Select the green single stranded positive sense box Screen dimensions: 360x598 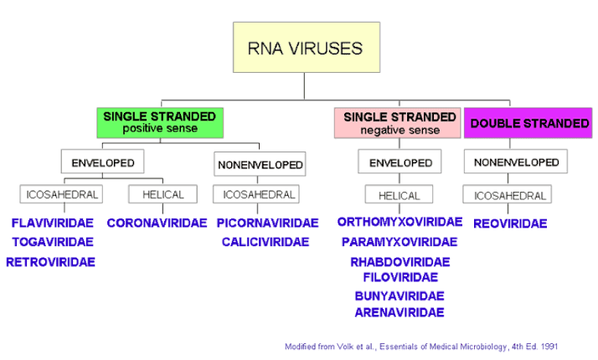point(160,121)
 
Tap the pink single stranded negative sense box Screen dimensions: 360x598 point(399,122)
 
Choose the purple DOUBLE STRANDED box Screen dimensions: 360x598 point(528,123)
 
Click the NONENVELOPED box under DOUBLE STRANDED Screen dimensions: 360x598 point(516,162)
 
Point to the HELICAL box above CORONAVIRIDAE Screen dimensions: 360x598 point(162,194)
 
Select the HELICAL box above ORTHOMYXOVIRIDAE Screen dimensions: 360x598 point(399,195)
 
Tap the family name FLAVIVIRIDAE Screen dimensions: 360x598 point(52,224)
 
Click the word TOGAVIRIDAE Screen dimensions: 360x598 point(52,242)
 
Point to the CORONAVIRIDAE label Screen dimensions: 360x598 point(157,224)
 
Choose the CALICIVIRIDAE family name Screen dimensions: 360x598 point(265,242)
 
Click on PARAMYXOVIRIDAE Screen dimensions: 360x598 point(400,242)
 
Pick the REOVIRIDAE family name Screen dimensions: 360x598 point(510,224)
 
